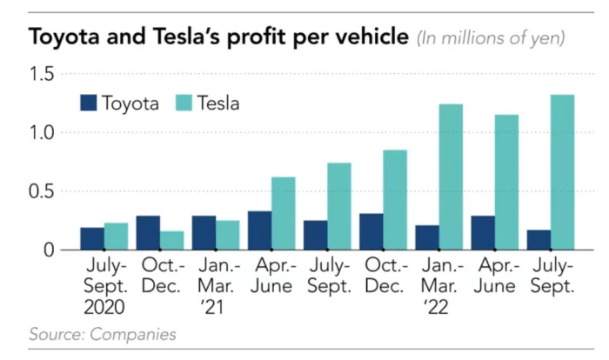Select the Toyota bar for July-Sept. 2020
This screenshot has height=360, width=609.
pyautogui.click(x=92, y=238)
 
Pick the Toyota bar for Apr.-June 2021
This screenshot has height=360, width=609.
pyautogui.click(x=259, y=230)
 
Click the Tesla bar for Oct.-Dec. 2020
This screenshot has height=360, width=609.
pyautogui.click(x=172, y=240)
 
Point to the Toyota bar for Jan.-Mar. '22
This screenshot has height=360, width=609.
pyautogui.click(x=426, y=237)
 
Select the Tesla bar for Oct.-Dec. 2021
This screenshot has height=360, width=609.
pyautogui.click(x=395, y=200)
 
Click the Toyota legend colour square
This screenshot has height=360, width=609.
pyautogui.click(x=88, y=103)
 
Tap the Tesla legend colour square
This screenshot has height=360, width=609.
pyautogui.click(x=185, y=103)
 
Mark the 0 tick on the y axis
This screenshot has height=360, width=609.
pyautogui.click(x=49, y=250)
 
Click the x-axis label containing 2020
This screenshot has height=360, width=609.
pyautogui.click(x=104, y=285)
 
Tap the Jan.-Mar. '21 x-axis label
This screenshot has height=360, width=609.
pyautogui.click(x=216, y=285)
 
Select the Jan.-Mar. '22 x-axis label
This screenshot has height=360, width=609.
pyautogui.click(x=438, y=285)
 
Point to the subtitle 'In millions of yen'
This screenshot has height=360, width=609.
pyautogui.click(x=492, y=38)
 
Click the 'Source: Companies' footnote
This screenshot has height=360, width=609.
pyautogui.click(x=103, y=333)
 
